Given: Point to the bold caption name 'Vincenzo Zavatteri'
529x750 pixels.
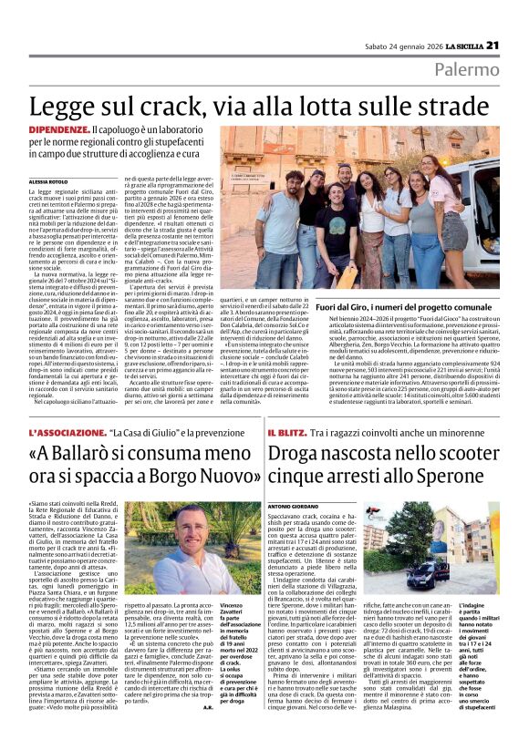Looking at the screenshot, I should [x=232, y=608].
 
